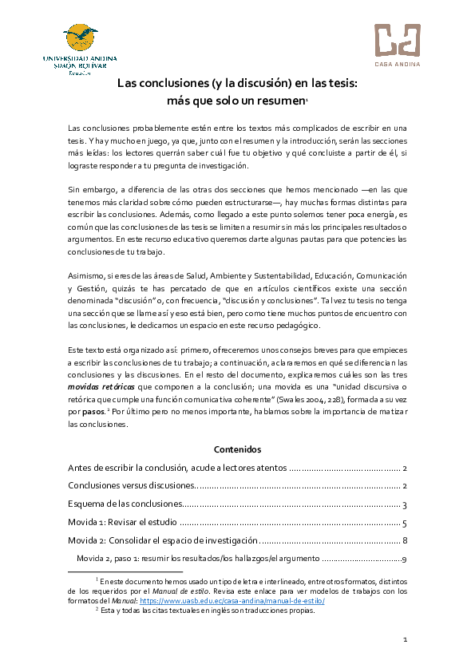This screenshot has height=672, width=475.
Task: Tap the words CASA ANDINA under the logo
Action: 397,64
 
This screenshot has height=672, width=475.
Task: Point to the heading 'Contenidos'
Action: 237,450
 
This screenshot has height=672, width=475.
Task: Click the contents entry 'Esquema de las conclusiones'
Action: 125,504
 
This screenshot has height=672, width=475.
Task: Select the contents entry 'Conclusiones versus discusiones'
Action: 132,486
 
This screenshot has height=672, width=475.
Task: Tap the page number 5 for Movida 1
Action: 406,523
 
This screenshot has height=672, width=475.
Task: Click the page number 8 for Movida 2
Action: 406,541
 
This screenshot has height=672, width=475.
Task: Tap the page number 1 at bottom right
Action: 405,640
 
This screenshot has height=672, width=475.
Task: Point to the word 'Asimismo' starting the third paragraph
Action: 85,275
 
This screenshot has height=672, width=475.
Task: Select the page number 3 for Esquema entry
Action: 406,504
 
